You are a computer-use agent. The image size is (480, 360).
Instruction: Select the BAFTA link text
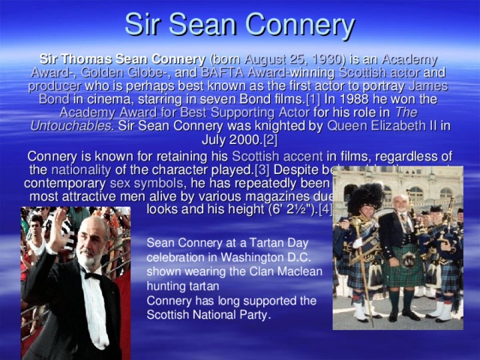(220, 73)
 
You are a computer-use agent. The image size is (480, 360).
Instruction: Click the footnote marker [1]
(316, 99)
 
